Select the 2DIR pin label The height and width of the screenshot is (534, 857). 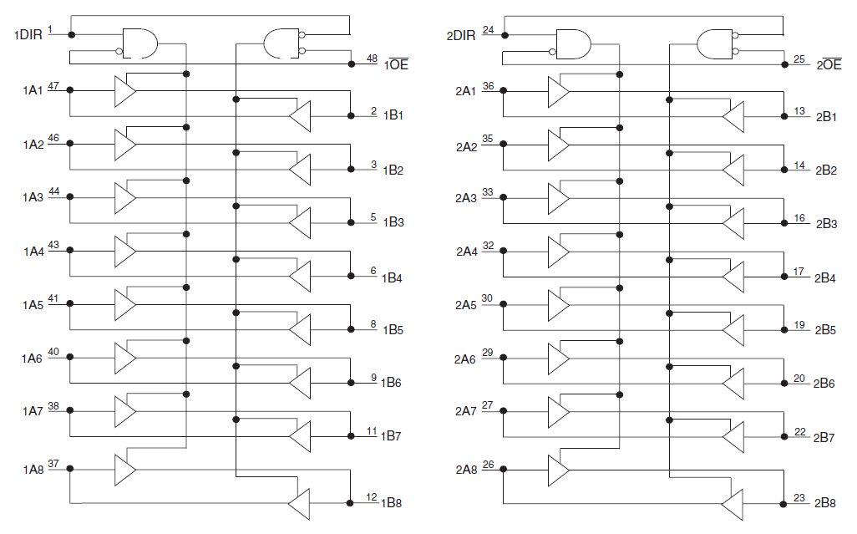(x=460, y=35)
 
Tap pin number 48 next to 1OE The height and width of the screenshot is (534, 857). (x=372, y=58)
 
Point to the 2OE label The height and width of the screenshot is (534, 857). (x=828, y=64)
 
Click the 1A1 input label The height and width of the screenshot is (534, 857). (x=32, y=89)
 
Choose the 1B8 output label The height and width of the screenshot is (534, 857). (x=393, y=503)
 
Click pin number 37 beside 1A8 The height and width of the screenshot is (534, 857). (x=53, y=463)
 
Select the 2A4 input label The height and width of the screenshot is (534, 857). (x=466, y=251)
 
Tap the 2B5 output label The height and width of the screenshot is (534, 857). (x=825, y=330)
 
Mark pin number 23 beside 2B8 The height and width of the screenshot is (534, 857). (x=799, y=498)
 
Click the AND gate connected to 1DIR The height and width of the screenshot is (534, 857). (x=139, y=43)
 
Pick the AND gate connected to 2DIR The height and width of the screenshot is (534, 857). (x=573, y=43)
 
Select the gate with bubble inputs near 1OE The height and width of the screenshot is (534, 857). (x=281, y=43)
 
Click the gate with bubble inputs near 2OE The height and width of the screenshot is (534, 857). (x=714, y=43)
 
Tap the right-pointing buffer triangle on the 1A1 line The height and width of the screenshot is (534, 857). (x=124, y=90)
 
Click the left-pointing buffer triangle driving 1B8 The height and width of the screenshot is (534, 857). (x=299, y=503)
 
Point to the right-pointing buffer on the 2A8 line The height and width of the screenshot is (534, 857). (x=557, y=470)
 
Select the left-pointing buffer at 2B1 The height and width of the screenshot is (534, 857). (x=733, y=116)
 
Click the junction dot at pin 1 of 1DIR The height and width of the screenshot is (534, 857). (x=71, y=35)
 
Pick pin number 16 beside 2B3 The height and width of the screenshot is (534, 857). (x=799, y=217)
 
